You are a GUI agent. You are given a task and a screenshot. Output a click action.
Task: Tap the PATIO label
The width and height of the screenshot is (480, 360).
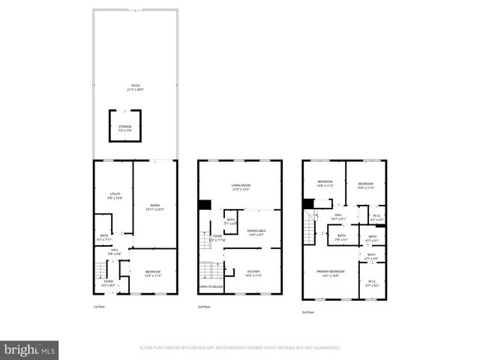[x=135, y=88]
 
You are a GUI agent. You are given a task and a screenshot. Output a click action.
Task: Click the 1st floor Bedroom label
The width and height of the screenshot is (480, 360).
[x=153, y=274]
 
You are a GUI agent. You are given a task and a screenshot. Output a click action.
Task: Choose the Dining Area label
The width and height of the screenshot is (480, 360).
[x=256, y=232]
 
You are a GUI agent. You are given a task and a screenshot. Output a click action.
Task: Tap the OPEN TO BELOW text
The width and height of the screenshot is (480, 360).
[x=211, y=287]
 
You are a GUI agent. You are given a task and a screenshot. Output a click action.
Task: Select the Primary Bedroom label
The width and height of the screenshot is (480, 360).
[x=330, y=273]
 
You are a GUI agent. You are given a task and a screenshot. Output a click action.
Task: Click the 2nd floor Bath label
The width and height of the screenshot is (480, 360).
[x=231, y=221]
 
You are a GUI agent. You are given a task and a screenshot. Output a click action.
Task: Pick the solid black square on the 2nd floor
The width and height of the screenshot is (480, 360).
[x=205, y=205]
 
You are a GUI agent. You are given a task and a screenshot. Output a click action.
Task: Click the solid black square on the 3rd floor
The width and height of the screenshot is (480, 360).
[x=307, y=202]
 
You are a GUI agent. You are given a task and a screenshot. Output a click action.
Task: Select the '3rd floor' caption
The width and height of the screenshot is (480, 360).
[x=307, y=312]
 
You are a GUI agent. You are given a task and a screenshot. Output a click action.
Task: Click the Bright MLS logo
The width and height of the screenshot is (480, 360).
[x=30, y=349]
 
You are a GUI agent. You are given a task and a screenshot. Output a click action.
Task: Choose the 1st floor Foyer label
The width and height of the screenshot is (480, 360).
[x=109, y=283]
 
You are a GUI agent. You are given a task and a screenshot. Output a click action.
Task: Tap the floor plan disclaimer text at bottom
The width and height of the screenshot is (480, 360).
[x=240, y=348]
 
